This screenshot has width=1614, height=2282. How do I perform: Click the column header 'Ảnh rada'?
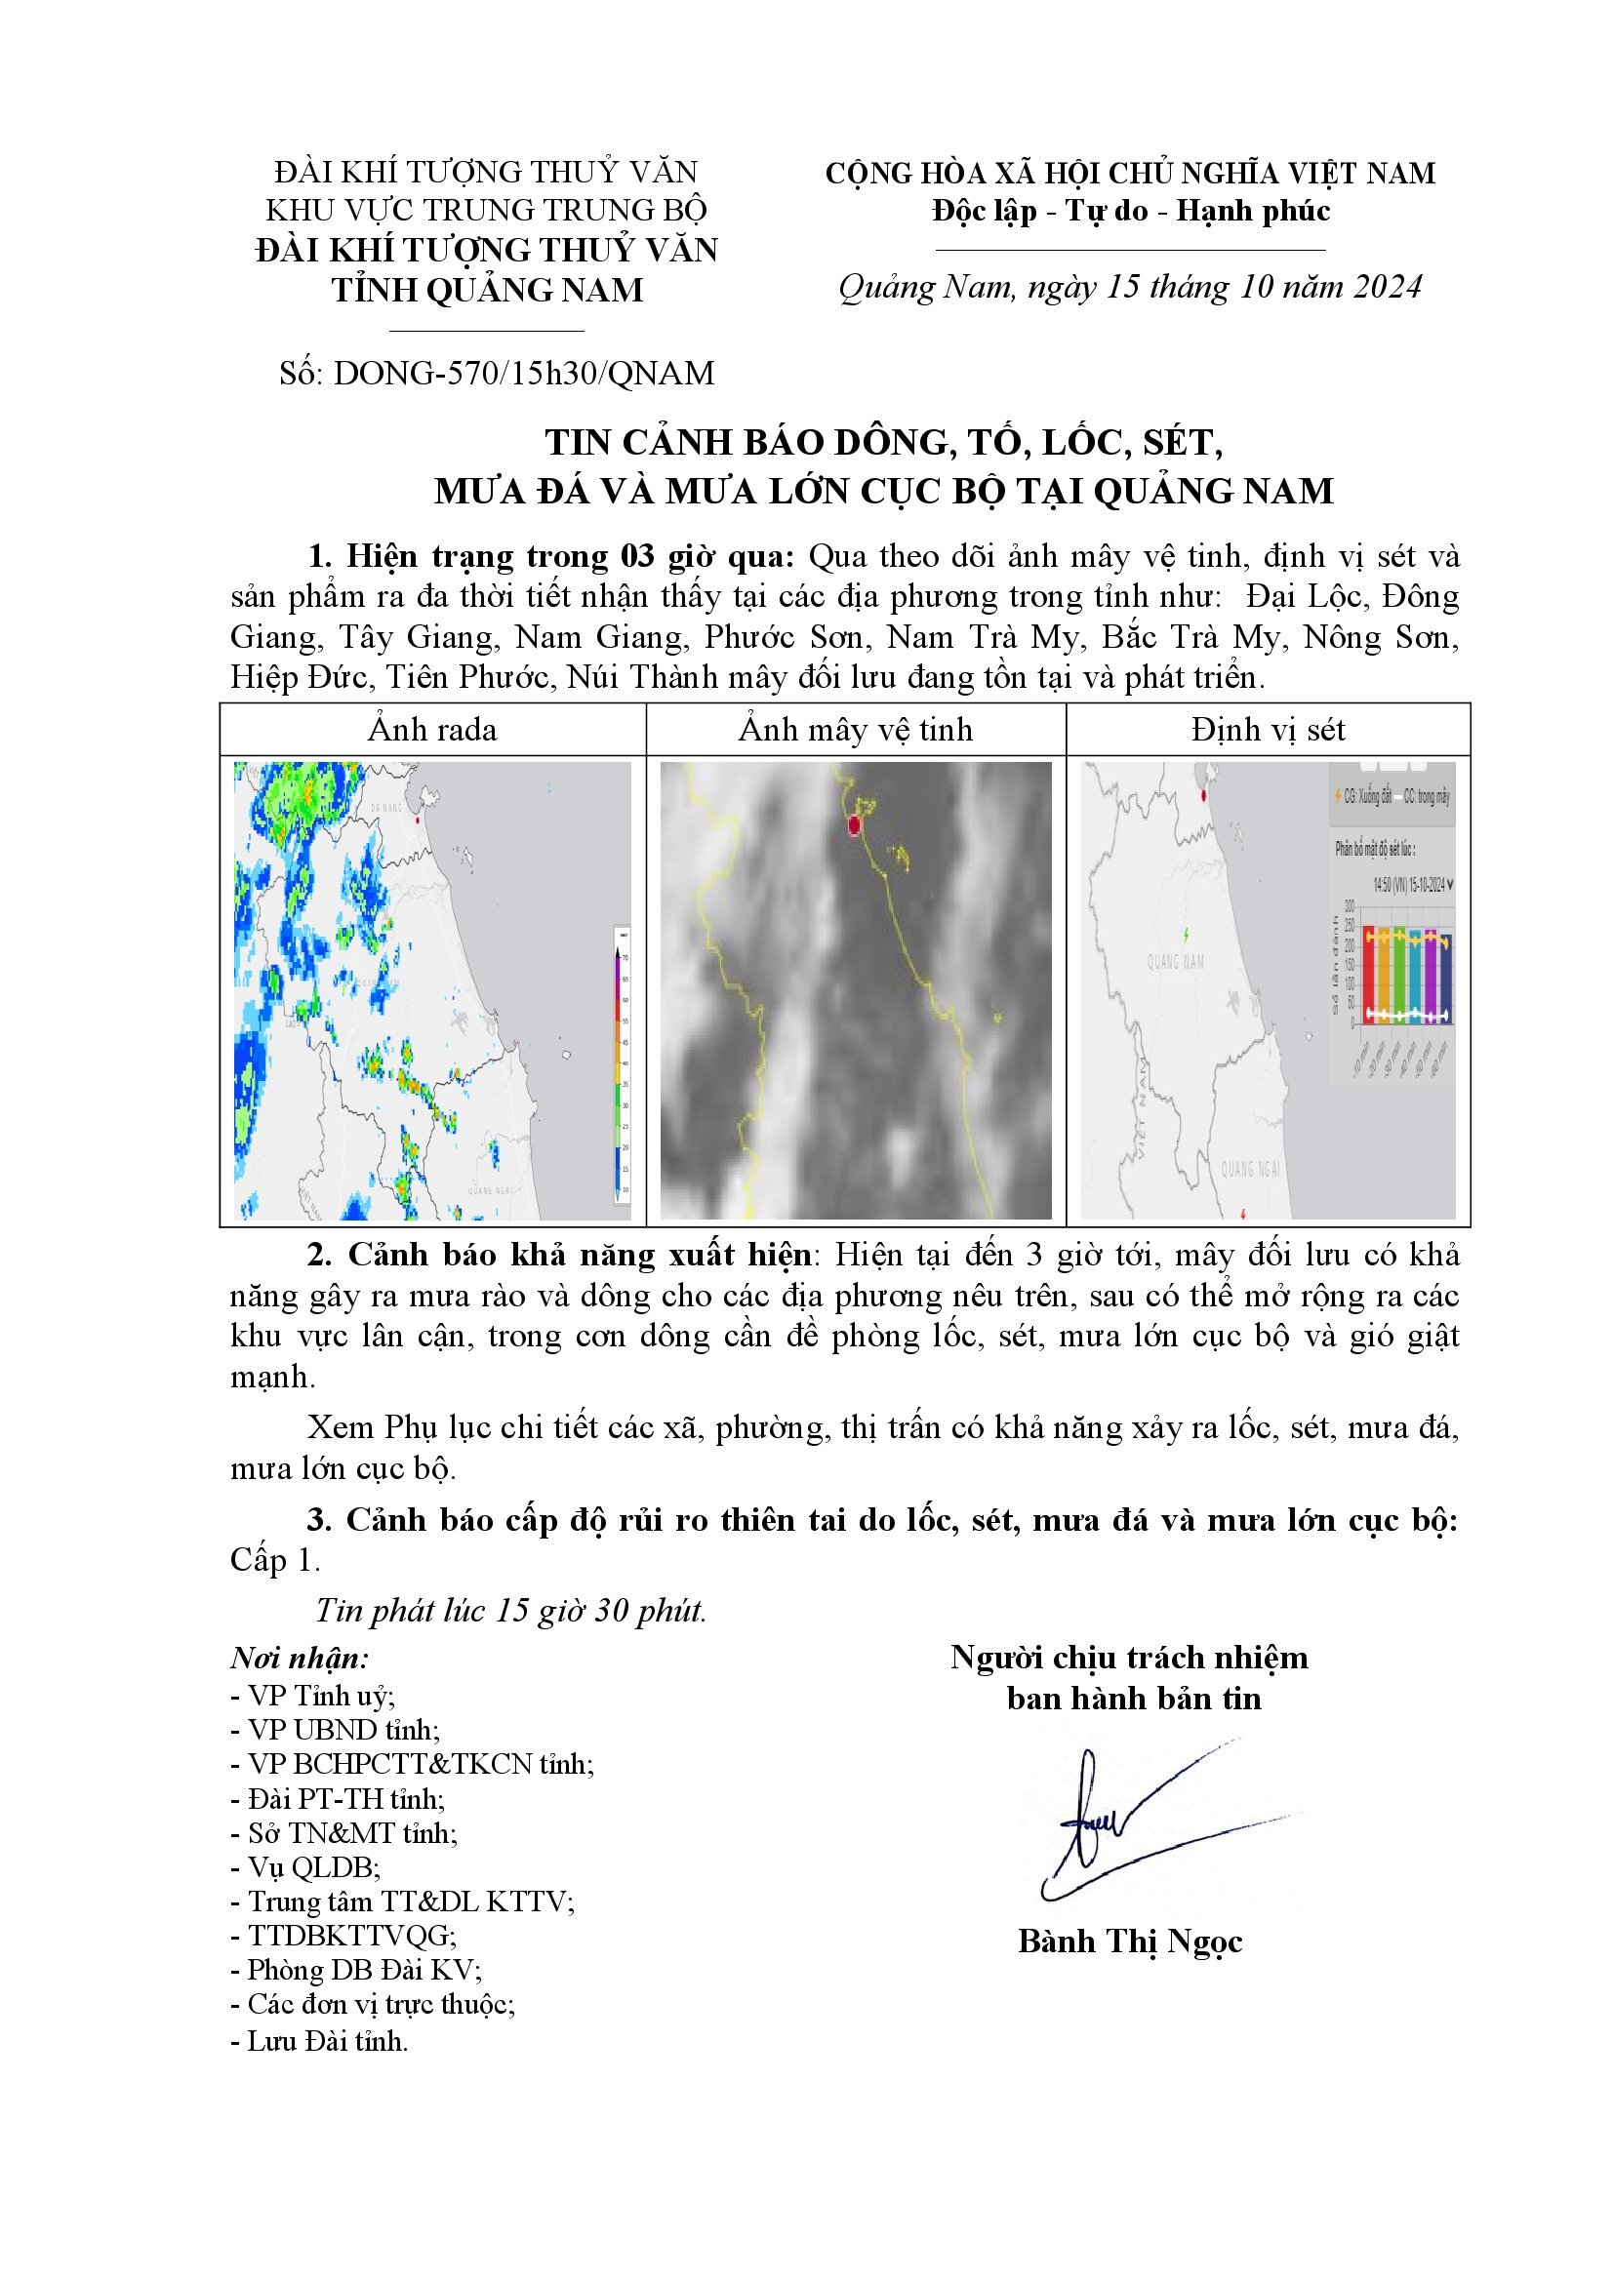click(432, 730)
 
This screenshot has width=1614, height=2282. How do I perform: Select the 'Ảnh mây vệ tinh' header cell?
click(855, 730)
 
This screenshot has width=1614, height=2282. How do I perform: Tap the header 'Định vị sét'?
click(1268, 730)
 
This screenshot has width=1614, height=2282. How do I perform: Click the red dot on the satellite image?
click(854, 825)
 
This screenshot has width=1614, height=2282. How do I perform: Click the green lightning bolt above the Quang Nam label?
click(1186, 936)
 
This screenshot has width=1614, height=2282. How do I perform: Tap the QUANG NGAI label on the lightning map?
click(1250, 1169)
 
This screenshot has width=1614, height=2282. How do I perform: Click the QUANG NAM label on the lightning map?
click(1176, 961)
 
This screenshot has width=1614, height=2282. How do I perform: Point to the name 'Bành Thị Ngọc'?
click(1130, 1942)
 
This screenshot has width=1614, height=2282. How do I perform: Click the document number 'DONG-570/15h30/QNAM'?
click(524, 374)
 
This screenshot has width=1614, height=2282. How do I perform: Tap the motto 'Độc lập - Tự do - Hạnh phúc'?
click(1130, 211)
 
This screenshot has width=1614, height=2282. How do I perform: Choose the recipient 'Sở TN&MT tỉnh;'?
click(343, 1832)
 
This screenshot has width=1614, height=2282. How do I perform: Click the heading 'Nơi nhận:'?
click(300, 1658)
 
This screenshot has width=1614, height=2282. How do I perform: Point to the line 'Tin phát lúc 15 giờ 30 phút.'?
click(510, 1610)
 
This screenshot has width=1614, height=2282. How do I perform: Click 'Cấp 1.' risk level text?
click(275, 1559)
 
